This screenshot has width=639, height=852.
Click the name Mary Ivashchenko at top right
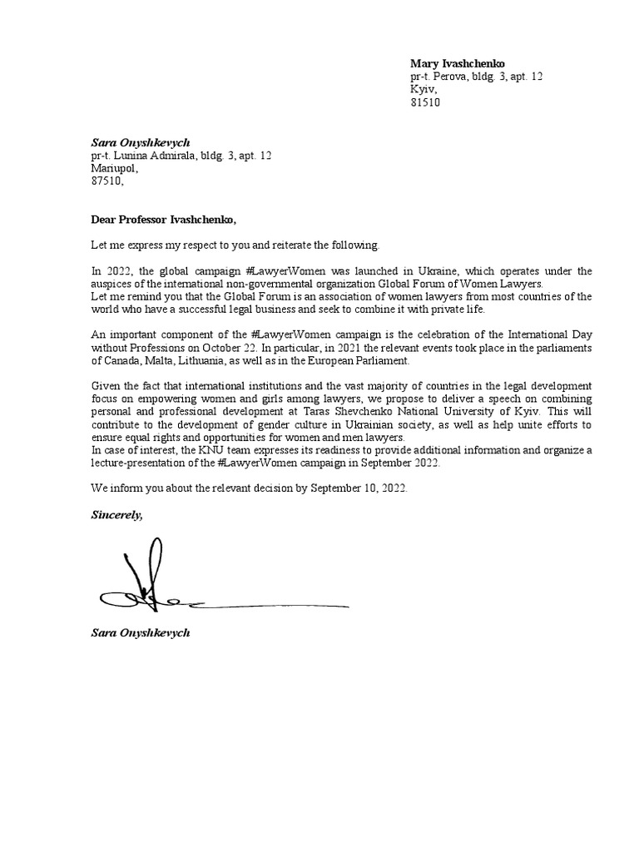(457, 64)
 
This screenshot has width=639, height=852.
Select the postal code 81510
(424, 102)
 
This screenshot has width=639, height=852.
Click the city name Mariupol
(109, 168)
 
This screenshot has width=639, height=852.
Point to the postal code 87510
(106, 181)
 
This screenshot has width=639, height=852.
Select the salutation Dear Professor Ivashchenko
(163, 220)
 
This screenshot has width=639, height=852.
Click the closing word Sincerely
(116, 515)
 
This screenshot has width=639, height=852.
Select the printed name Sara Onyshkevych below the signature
(140, 633)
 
